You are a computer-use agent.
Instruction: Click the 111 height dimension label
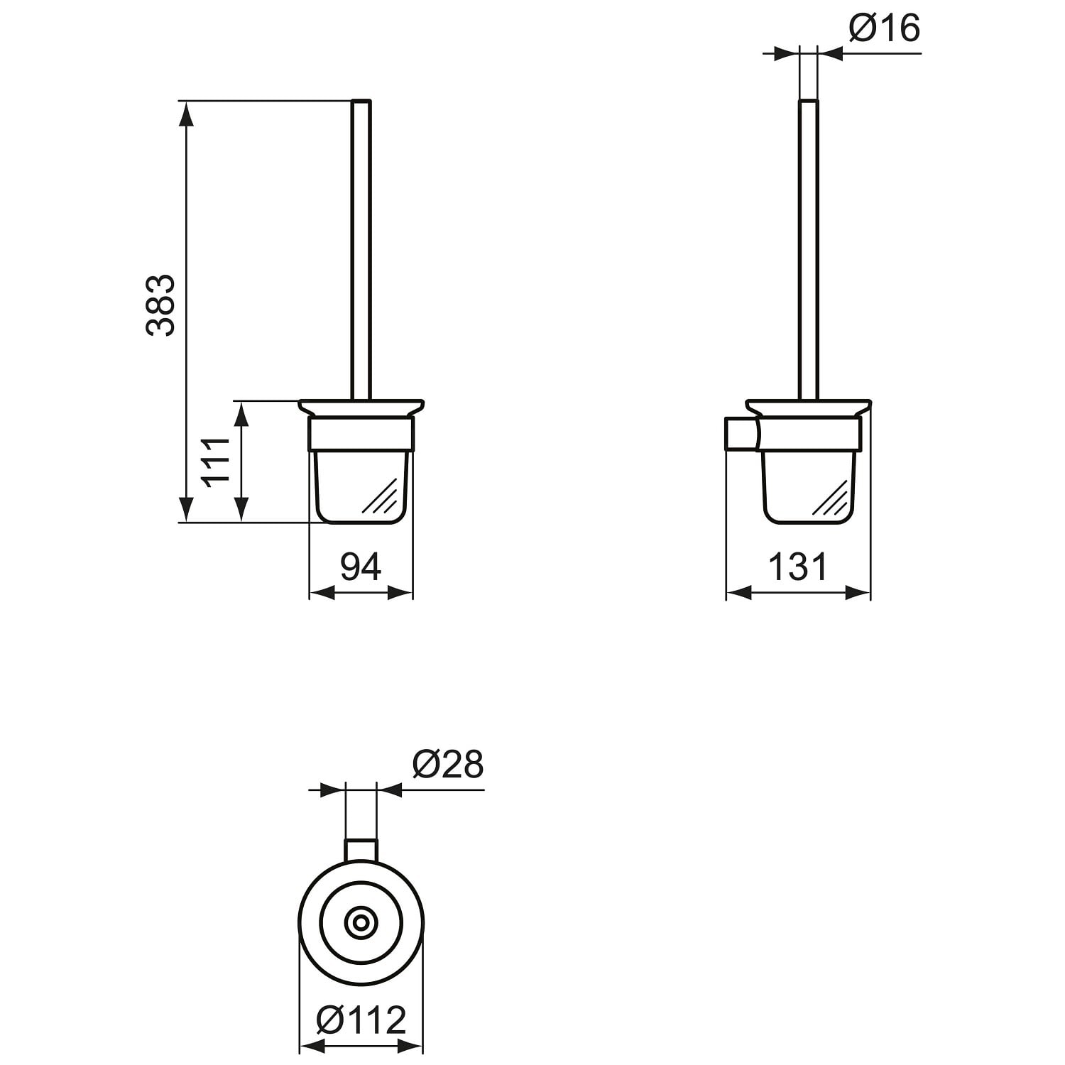[217, 461]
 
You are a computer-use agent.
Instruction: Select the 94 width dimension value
[361, 566]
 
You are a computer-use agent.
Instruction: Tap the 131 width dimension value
[798, 567]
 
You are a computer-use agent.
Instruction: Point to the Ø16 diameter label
[885, 28]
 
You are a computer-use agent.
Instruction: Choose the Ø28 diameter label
[447, 765]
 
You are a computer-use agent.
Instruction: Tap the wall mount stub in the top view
[361, 851]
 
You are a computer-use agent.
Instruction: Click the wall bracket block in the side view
[741, 434]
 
